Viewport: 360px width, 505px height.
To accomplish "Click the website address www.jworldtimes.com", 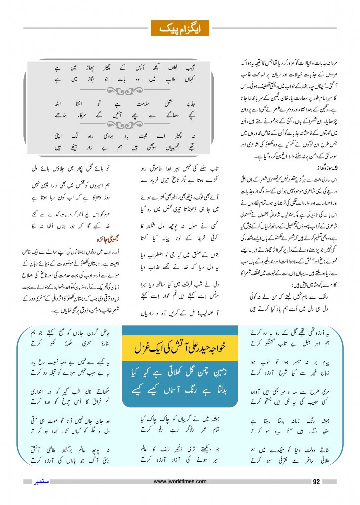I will [x=180, y=481].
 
